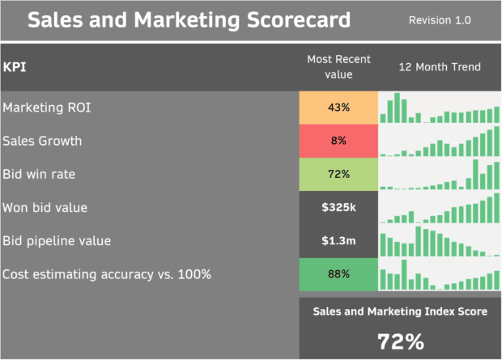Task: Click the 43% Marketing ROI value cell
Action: point(338,108)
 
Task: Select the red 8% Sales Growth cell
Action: point(338,141)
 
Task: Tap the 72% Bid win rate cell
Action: point(338,174)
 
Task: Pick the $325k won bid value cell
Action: point(338,208)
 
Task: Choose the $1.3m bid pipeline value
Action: point(338,241)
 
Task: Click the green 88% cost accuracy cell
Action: point(338,274)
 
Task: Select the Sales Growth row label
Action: point(42,141)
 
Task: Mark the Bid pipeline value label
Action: point(57,241)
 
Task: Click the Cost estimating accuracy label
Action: point(107,274)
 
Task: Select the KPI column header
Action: point(15,67)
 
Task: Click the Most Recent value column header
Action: point(338,67)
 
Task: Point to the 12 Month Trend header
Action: point(440,67)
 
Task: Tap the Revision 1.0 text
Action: point(440,20)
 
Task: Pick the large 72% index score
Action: point(401,341)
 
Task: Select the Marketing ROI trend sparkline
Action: point(440,108)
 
